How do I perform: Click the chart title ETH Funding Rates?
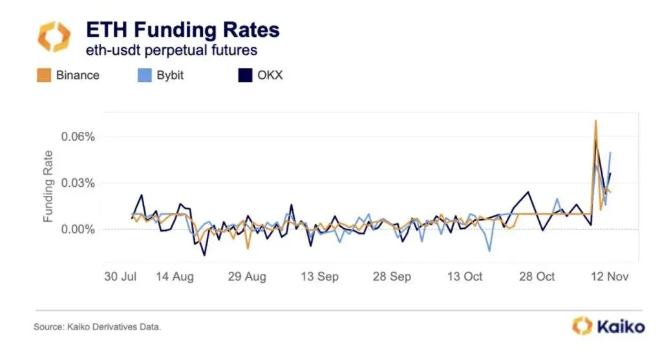[183, 30]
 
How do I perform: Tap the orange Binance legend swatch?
[44, 75]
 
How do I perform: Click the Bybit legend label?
[169, 75]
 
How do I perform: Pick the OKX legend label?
[270, 75]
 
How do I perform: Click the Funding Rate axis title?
[48, 187]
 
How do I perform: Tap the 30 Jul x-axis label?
[121, 276]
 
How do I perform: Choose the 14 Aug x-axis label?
[175, 276]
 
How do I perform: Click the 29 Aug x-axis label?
[248, 276]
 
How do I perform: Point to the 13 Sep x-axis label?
[320, 276]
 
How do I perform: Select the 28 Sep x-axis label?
[392, 276]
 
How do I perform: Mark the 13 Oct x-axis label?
[464, 276]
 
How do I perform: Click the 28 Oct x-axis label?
[537, 276]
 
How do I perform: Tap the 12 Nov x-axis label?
[610, 276]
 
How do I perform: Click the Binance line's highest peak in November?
[595, 121]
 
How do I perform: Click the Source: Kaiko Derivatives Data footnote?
[97, 327]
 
